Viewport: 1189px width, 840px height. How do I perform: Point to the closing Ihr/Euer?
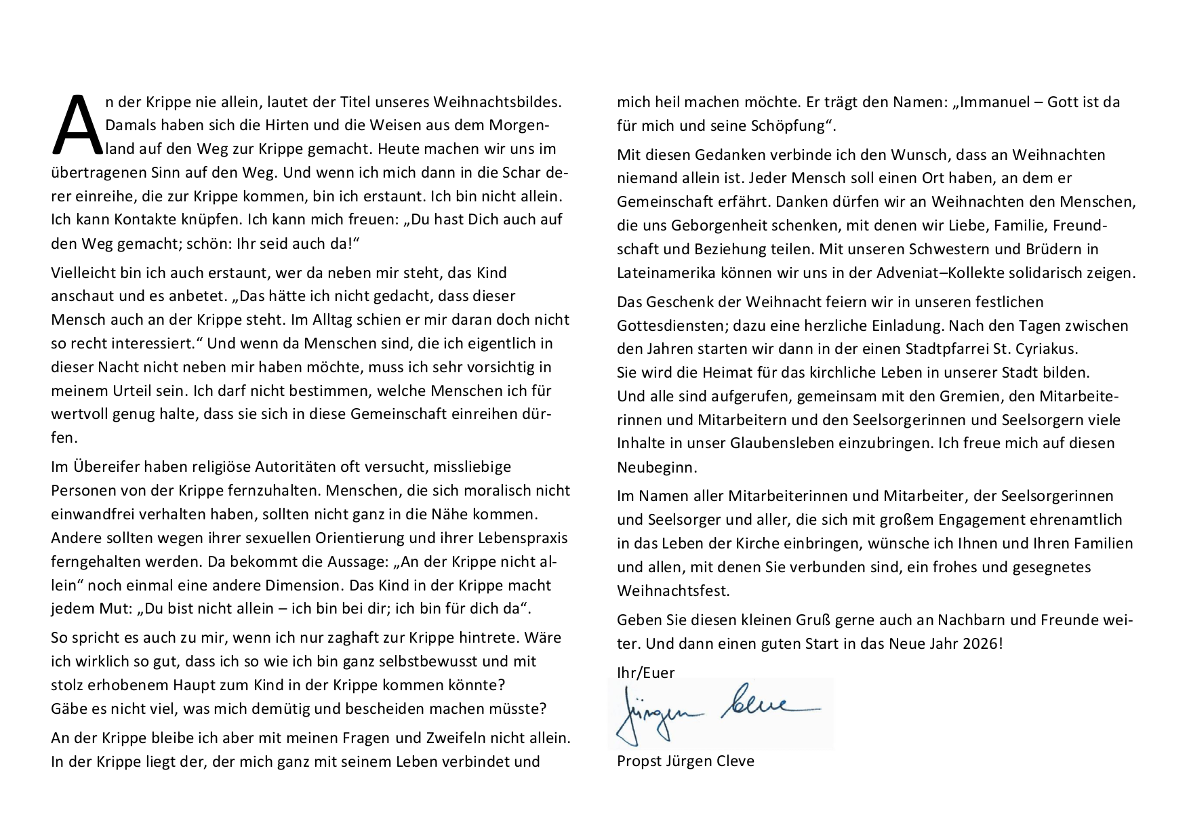coord(645,672)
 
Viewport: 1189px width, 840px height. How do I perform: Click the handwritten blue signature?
coord(719,712)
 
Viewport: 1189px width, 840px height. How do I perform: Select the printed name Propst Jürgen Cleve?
coord(685,761)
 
